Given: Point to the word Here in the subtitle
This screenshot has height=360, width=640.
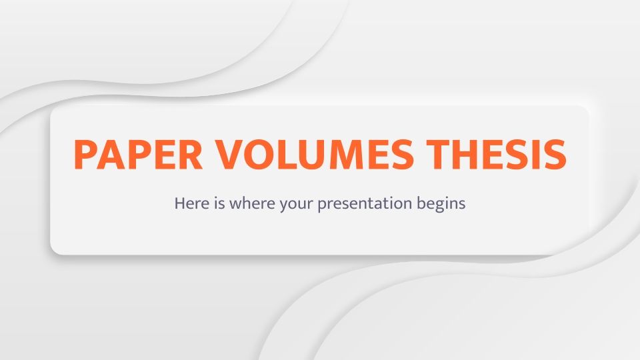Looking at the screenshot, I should [189, 203].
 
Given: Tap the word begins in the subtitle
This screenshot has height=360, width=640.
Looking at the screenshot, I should [443, 204].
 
